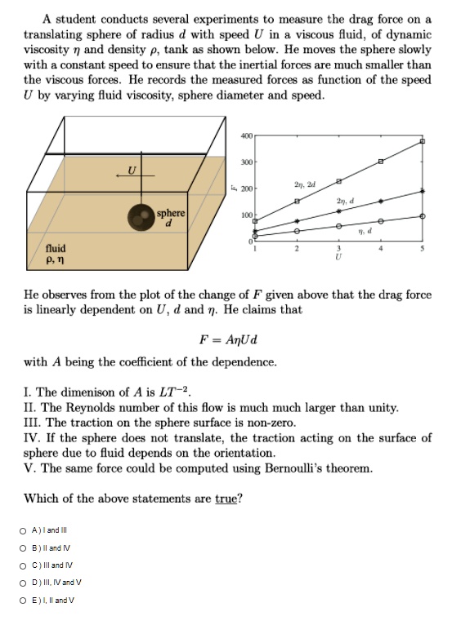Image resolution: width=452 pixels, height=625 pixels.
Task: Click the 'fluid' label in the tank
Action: click(x=56, y=247)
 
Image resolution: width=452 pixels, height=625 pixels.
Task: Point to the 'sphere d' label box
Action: click(x=171, y=218)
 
